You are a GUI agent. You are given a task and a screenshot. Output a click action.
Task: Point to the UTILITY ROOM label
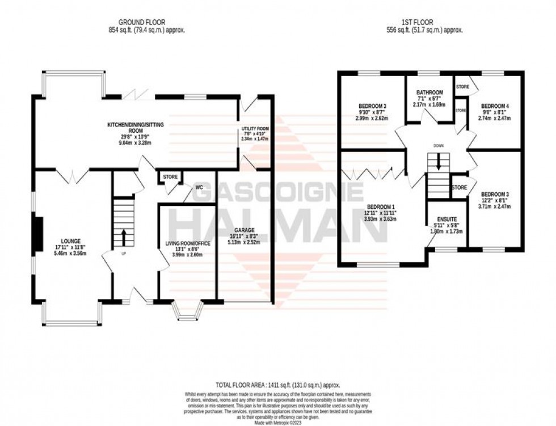255,129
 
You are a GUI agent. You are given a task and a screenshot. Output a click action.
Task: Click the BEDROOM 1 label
381,206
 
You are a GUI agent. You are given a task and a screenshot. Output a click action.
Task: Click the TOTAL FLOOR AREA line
277,383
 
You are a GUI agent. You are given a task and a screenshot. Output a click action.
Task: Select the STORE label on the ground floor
170,177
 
